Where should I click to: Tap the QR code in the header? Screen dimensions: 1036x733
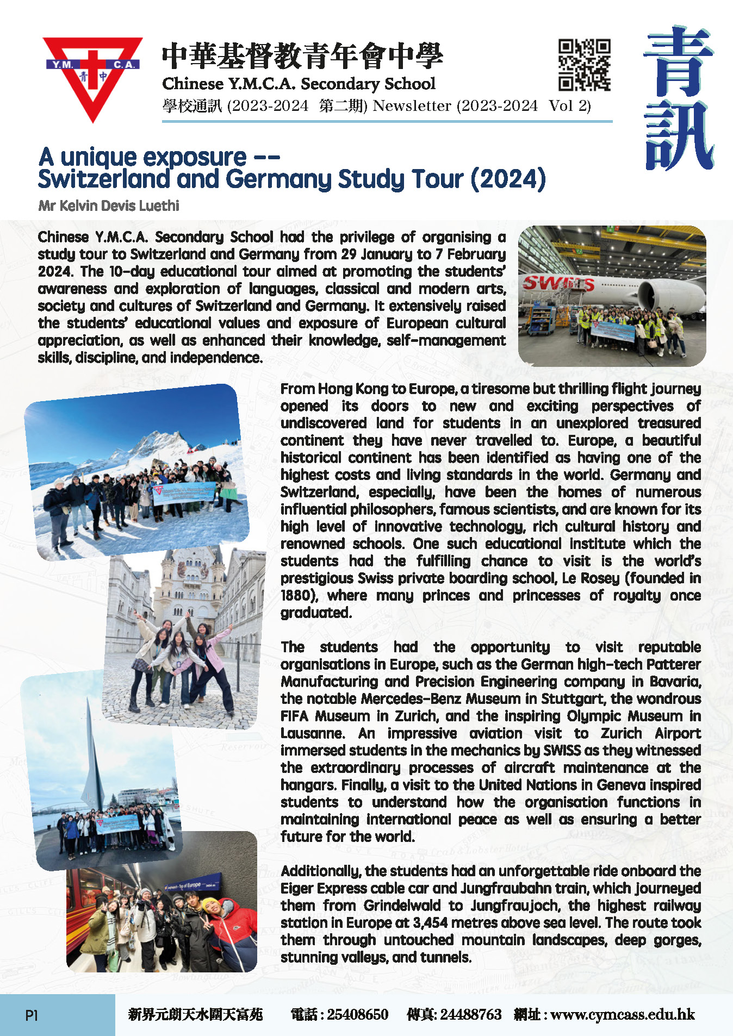click(x=585, y=65)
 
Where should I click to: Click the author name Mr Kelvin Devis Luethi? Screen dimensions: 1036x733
click(x=109, y=206)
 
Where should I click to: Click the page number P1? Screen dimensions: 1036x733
click(x=32, y=1015)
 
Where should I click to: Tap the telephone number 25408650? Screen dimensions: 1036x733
click(x=357, y=1014)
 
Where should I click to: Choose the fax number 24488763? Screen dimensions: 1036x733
click(x=470, y=1014)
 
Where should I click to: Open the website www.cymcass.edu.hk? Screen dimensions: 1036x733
click(x=623, y=1014)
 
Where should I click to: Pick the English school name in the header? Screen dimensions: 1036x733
click(x=299, y=84)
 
